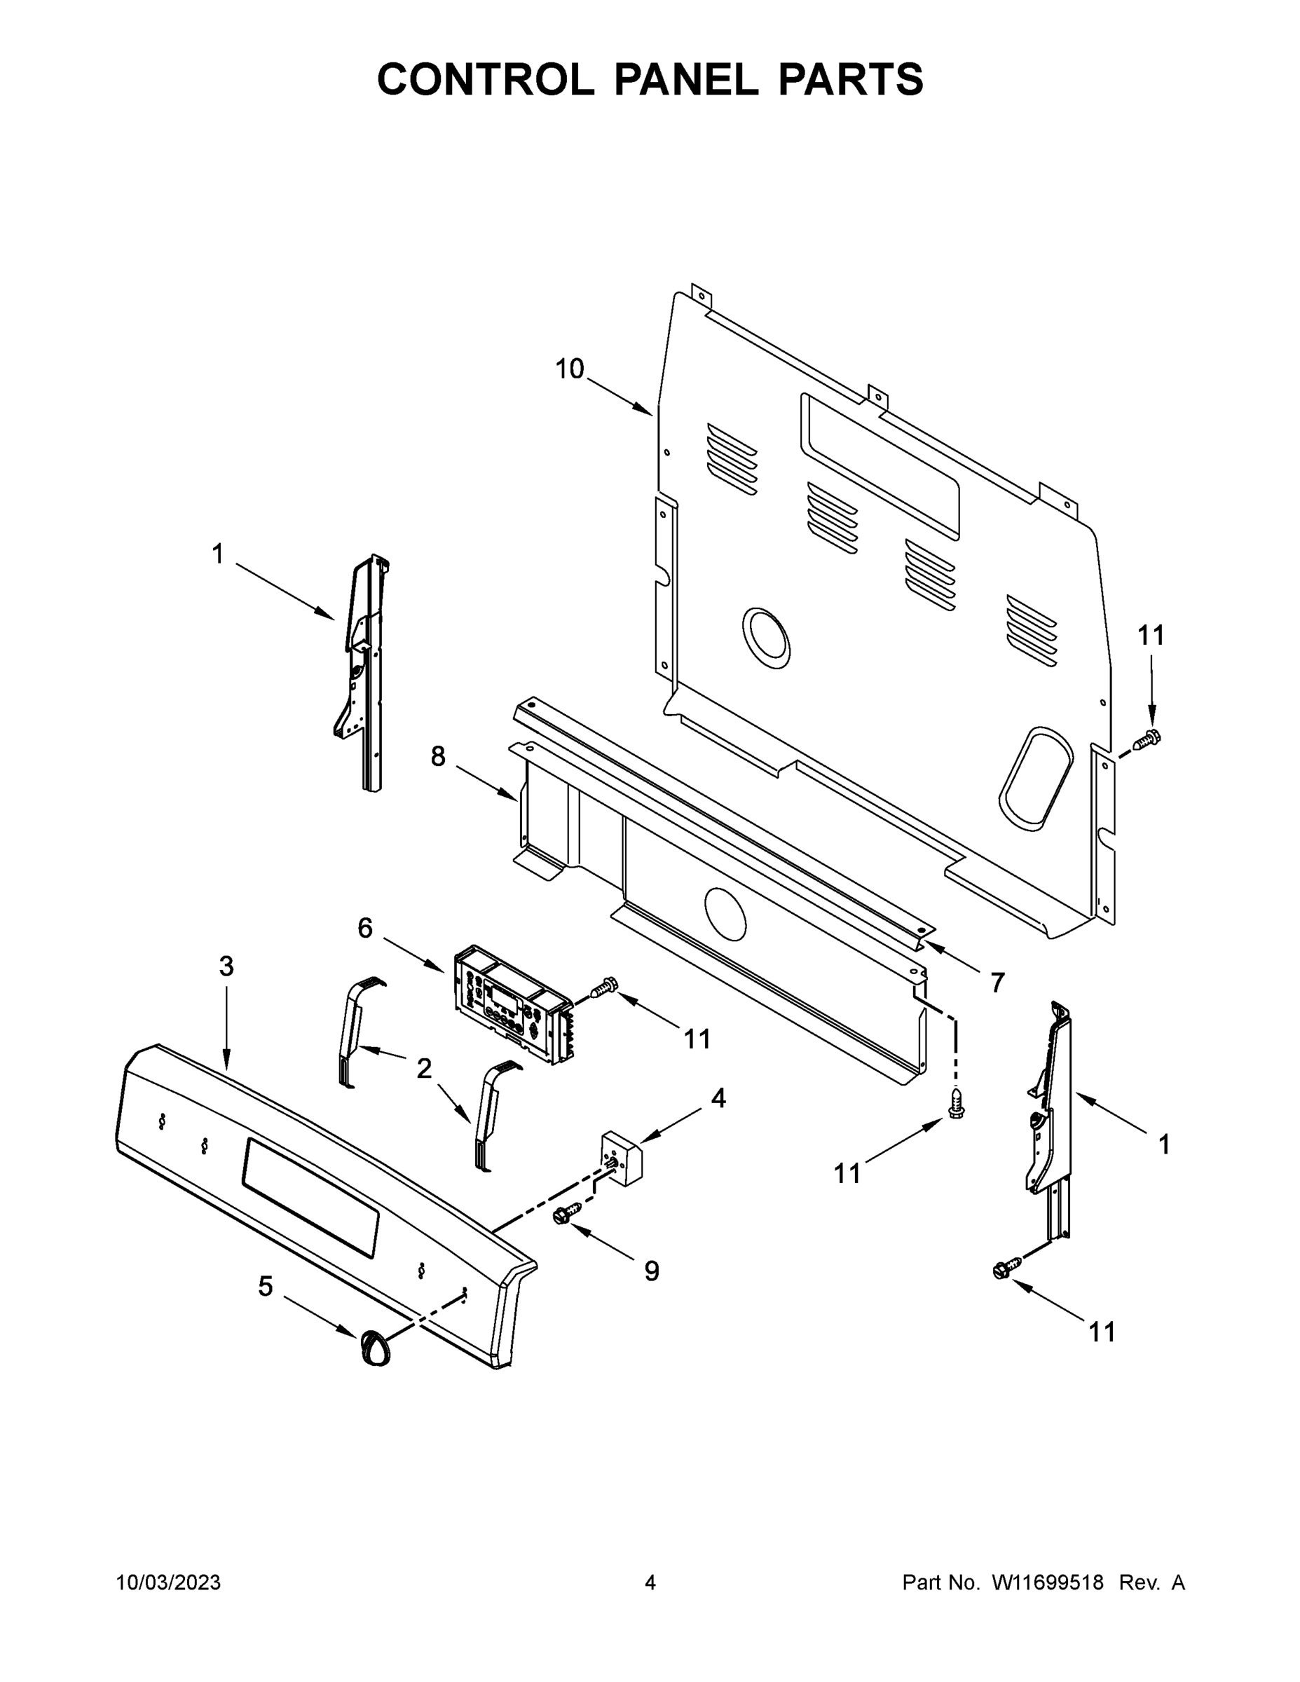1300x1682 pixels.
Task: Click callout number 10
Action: tap(570, 369)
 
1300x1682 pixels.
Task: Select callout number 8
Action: tap(437, 757)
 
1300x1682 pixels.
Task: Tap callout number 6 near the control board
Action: tap(365, 928)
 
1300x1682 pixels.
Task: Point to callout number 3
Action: tap(226, 966)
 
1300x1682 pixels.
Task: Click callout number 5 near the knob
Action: tap(265, 1286)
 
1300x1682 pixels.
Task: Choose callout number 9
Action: tap(652, 1271)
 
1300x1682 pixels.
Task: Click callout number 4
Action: tap(718, 1098)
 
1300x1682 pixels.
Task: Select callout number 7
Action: tap(997, 983)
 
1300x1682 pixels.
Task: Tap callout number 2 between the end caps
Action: tap(423, 1068)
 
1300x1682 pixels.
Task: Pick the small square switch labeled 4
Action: tap(621, 1157)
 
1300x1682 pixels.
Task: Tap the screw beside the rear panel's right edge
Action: tap(1147, 739)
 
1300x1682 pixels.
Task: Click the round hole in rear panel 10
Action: tap(765, 638)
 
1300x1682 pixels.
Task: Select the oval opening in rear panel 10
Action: tap(1035, 778)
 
